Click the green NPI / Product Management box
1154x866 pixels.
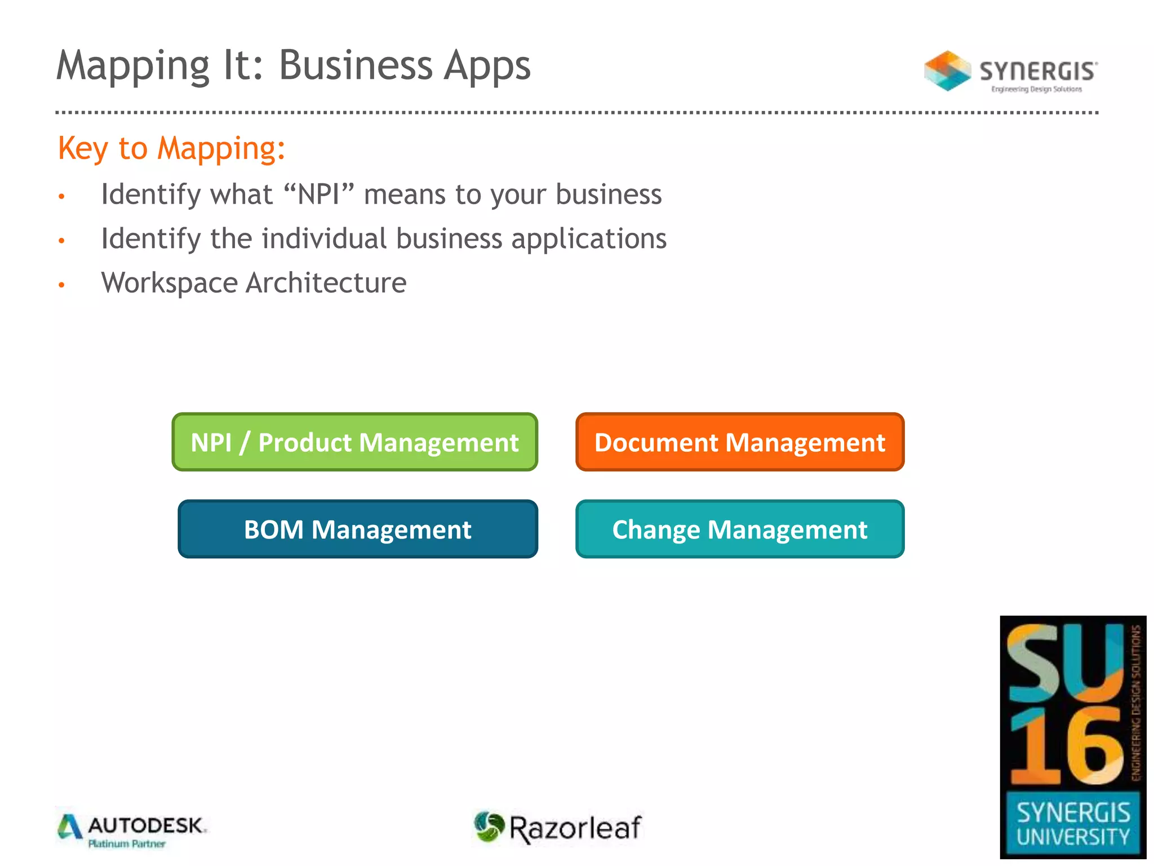(354, 442)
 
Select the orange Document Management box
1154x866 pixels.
(739, 442)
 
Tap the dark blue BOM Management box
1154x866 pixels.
(358, 529)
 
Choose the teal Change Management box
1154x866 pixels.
(739, 529)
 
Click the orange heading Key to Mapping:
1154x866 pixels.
(171, 149)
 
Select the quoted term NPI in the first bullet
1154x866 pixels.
(319, 195)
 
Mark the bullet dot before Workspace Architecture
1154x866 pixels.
(62, 285)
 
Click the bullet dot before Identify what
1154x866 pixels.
(62, 197)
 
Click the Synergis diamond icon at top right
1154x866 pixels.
(947, 71)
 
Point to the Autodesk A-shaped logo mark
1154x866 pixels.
(70, 827)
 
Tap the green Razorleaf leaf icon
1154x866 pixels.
(489, 827)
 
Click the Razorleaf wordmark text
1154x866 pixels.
(575, 828)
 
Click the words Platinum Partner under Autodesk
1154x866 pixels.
(127, 844)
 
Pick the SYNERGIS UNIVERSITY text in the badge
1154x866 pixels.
(1073, 824)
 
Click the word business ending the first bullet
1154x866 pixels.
(609, 195)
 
